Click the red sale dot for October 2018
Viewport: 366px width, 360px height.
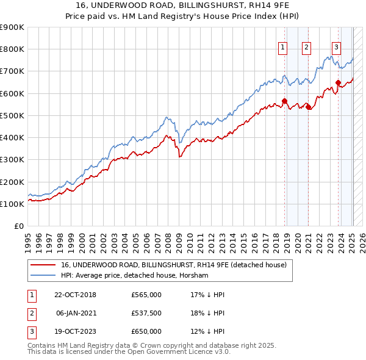pos(284,101)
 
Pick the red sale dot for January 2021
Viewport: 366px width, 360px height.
pos(308,107)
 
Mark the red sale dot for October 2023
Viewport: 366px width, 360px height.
pos(338,82)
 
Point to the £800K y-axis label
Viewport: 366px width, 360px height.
pos(12,49)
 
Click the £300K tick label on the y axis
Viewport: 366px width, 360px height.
pos(12,160)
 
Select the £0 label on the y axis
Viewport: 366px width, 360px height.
pos(18,226)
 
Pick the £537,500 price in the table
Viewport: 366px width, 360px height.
pos(146,314)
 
